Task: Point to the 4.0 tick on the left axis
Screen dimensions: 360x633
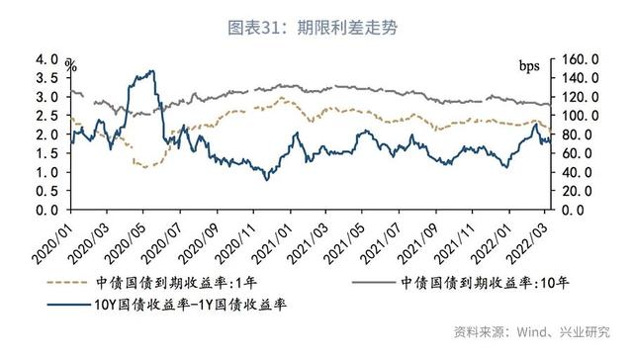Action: [x=47, y=59]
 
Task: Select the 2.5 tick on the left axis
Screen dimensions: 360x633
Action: [x=47, y=116]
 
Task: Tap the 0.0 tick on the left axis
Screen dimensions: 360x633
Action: [x=47, y=211]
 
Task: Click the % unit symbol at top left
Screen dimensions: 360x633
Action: [x=71, y=65]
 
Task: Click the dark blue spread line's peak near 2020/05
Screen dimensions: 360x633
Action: [x=150, y=71]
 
